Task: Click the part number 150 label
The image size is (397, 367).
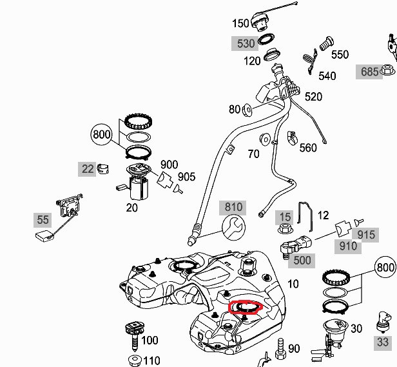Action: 240,25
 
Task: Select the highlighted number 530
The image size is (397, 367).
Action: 246,44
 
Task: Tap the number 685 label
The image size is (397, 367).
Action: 370,72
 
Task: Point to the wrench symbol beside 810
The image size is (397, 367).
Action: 233,227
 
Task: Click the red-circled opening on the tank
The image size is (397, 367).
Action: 244,306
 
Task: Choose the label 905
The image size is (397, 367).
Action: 186,177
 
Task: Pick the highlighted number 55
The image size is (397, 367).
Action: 43,220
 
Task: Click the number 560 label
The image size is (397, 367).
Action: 308,148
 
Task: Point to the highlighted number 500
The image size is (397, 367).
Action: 302,261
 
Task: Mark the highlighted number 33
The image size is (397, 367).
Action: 382,342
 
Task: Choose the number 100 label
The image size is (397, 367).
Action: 149,340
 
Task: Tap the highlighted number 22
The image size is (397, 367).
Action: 88,169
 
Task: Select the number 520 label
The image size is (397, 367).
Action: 313,97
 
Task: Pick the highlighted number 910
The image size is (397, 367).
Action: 348,246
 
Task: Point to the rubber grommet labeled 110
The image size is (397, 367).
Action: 135,359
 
